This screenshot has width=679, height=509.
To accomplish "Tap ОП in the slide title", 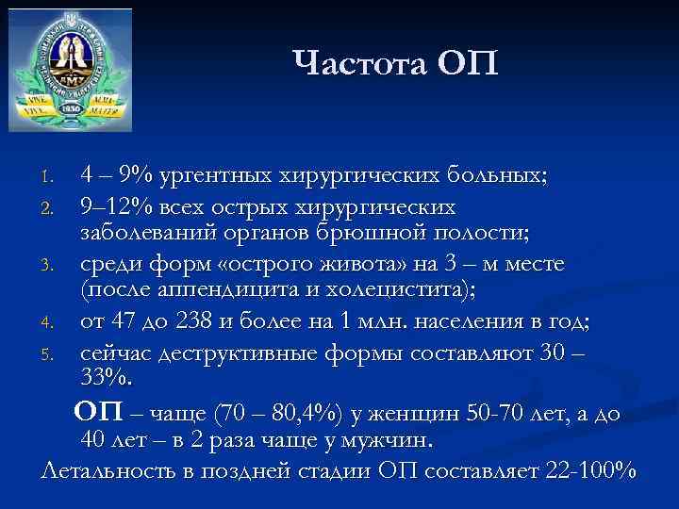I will pos(467,65).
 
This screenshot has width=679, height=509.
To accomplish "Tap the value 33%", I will pos(108,378).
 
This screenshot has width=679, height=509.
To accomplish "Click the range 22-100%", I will pos(588,469).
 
